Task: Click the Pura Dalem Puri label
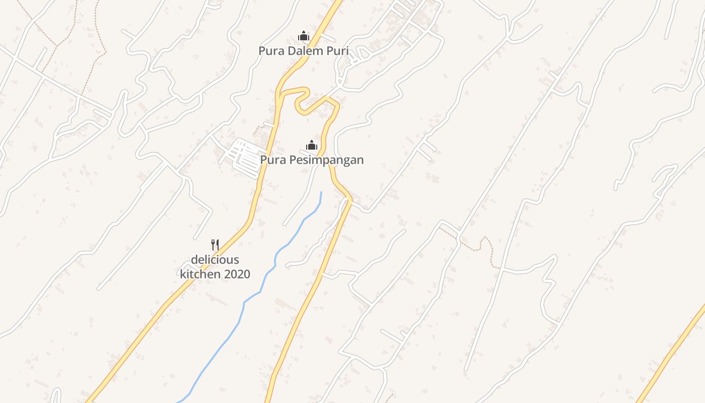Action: coord(303,51)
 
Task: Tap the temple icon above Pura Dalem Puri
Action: coord(303,36)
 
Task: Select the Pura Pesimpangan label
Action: coord(312,160)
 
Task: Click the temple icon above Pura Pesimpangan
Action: coord(312,146)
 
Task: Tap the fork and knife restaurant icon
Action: coord(215,245)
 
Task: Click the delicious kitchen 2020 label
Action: coord(215,267)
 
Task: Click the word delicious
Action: coord(215,260)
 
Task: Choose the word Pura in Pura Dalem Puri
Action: coord(270,51)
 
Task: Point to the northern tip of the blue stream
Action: coord(321,192)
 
